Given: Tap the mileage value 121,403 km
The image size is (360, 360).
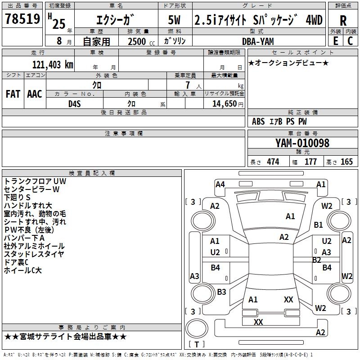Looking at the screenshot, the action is coord(53,64).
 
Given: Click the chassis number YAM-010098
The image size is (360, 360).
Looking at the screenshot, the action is coord(302,143).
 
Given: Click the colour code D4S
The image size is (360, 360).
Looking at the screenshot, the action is coord(75,103).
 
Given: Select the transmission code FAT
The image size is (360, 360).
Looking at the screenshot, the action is coord(13,94).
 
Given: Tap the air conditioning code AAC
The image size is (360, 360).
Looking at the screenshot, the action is coord(35,94).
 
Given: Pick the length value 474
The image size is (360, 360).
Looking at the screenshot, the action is coord(273,162).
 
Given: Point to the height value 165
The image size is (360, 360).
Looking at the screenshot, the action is coord(346,162).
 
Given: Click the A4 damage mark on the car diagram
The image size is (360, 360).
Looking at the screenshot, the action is coord(220,184).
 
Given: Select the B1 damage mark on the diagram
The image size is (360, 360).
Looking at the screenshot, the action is coord(319,225).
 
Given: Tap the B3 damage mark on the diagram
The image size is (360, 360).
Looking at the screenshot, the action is coord(221,292).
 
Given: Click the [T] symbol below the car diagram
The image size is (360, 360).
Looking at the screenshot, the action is coord(197,344).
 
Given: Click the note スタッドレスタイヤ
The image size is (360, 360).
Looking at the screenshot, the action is coord(34,254).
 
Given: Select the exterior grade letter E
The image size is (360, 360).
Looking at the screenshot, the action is coord(335,41).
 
